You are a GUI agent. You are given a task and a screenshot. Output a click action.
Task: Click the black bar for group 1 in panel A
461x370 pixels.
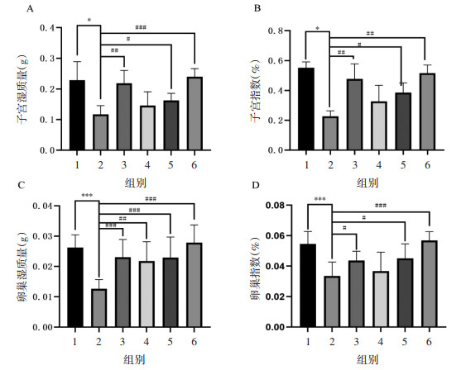coord(77,115)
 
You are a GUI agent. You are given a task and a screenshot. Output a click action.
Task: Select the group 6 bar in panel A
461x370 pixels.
coord(194,113)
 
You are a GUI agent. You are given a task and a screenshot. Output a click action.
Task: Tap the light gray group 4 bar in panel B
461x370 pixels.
coord(379,126)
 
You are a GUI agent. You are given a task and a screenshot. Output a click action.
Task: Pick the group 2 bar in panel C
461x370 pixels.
coord(98,308)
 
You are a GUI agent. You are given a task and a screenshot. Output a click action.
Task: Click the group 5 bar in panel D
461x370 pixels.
coord(405,293)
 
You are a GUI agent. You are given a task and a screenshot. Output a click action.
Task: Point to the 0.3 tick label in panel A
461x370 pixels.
coord(47,59)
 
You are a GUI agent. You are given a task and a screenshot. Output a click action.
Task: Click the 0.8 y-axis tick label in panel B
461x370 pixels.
coord(276,31)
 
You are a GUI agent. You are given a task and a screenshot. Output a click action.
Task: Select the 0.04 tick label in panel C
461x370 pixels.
coord(42,206)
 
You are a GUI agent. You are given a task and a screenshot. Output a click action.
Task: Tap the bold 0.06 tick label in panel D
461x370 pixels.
coord(275,236)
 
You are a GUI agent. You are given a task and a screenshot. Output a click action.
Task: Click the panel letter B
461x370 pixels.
coord(257,8)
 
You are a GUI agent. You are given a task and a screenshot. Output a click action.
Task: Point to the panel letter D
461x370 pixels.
coord(256,186)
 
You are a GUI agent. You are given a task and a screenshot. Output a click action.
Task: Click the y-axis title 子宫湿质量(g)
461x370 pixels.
coord(22,89)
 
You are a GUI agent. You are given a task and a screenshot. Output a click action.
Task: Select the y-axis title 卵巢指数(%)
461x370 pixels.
coord(255,268)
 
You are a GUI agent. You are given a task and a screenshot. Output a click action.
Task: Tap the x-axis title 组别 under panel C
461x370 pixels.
coord(135,359)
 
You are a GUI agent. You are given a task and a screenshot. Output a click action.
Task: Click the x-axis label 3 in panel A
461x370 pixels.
coord(124,165)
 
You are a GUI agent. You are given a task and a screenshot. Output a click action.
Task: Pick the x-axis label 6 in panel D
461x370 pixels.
coord(429,342)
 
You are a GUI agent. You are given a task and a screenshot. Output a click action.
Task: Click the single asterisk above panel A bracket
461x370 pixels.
coord(89,21)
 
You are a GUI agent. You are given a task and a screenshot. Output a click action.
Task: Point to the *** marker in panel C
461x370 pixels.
coord(87,195)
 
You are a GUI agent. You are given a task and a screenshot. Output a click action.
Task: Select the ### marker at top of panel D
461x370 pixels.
coord(381,206)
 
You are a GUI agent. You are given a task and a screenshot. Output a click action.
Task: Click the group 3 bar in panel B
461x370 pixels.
coord(355,115)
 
